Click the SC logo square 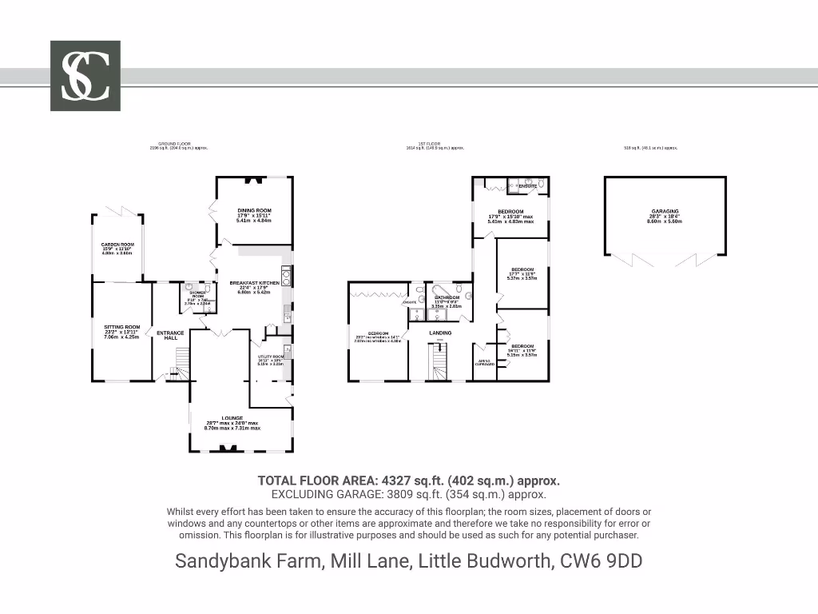pyautogui.click(x=85, y=76)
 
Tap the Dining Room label pyautogui.click(x=254, y=210)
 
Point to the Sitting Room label pyautogui.click(x=122, y=327)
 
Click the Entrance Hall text pyautogui.click(x=170, y=335)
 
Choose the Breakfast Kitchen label pyautogui.click(x=254, y=283)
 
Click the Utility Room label pyautogui.click(x=271, y=357)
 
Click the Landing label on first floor pyautogui.click(x=440, y=333)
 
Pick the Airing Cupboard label pyautogui.click(x=485, y=362)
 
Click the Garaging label pyautogui.click(x=665, y=211)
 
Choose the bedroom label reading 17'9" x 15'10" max pyautogui.click(x=510, y=211)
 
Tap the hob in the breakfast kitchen pyautogui.click(x=285, y=277)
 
